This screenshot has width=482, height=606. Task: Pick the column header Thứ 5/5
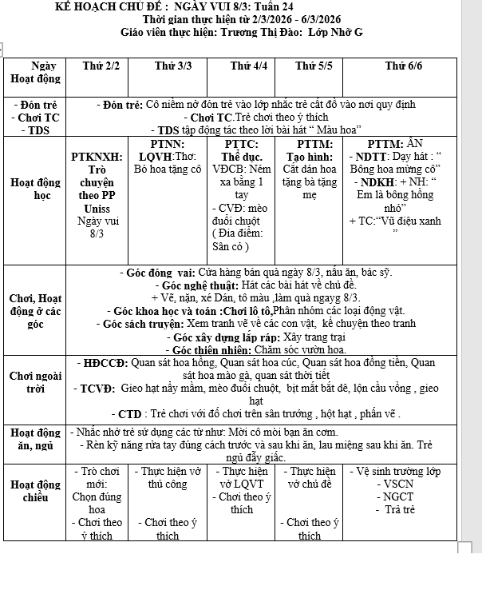tap(314, 66)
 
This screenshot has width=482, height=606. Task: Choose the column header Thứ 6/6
tap(403, 66)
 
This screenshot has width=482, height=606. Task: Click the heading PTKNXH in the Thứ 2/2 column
tap(97, 157)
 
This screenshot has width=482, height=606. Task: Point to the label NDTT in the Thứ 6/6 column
tap(369, 157)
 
